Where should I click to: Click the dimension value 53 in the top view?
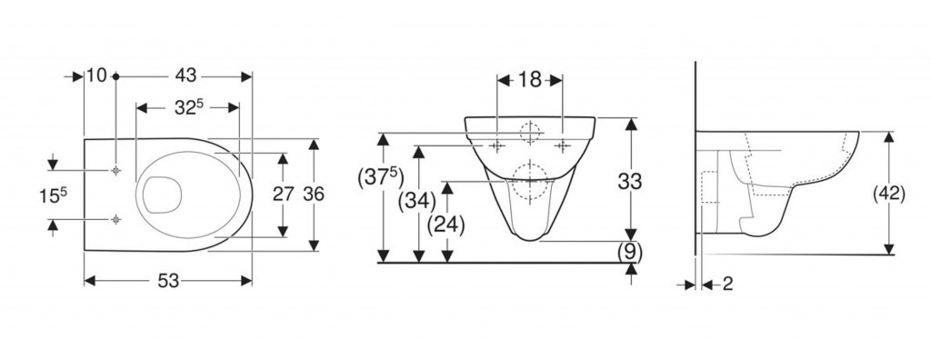click(x=168, y=281)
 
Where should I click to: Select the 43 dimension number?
click(x=185, y=76)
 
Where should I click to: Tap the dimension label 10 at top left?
click(x=96, y=76)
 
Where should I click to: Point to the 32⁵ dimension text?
click(x=189, y=107)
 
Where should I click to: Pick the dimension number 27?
click(x=284, y=194)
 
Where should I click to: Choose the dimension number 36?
click(x=314, y=194)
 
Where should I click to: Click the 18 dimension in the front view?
click(x=530, y=80)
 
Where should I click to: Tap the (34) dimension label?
click(x=416, y=202)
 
